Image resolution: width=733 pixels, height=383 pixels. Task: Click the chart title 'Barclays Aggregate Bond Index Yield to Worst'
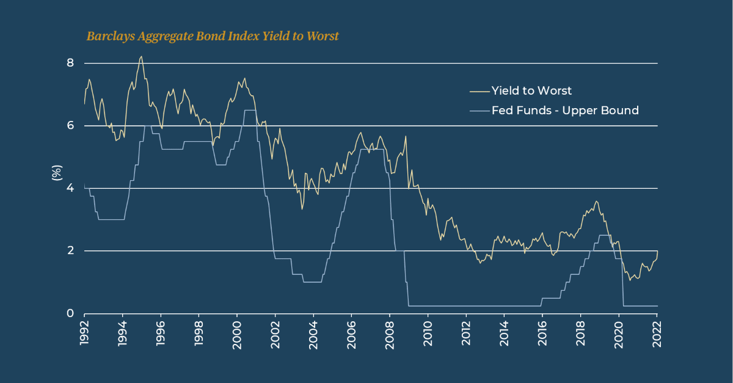coord(213,37)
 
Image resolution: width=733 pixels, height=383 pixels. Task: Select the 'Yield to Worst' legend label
coord(531,91)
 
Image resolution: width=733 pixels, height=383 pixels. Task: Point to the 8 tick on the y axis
coord(70,63)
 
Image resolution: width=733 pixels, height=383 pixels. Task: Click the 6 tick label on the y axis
coord(70,126)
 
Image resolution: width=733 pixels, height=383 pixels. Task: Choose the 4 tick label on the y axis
coord(70,188)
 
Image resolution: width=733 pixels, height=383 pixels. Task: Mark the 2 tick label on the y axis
coord(70,251)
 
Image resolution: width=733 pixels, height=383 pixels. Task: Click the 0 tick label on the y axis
coord(70,313)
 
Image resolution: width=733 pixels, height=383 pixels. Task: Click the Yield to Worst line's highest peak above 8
coord(141,57)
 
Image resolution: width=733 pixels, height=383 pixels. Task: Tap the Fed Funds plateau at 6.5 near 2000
coord(249,110)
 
